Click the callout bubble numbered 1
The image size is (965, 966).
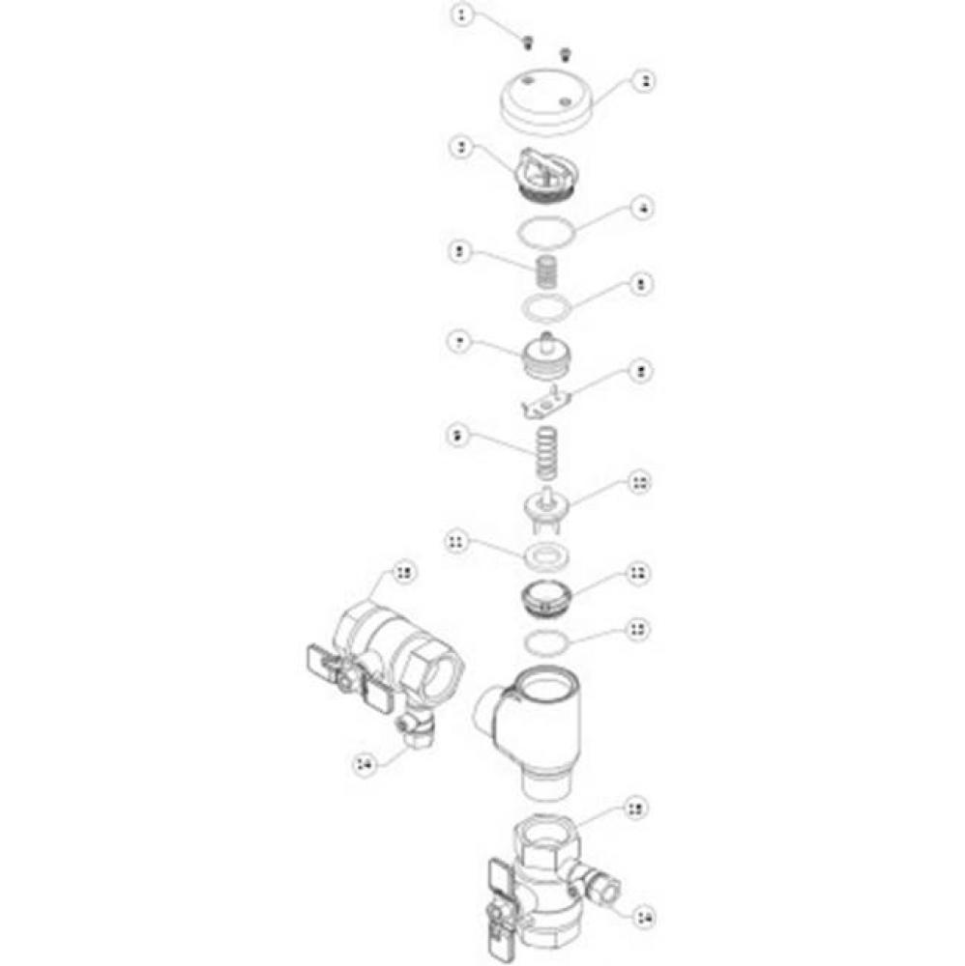(x=465, y=16)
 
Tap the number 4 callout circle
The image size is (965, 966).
(x=640, y=208)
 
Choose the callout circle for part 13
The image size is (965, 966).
(x=637, y=629)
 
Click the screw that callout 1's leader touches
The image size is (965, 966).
(x=528, y=42)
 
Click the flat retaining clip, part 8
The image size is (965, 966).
(x=549, y=401)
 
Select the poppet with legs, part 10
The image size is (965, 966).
(x=548, y=508)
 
